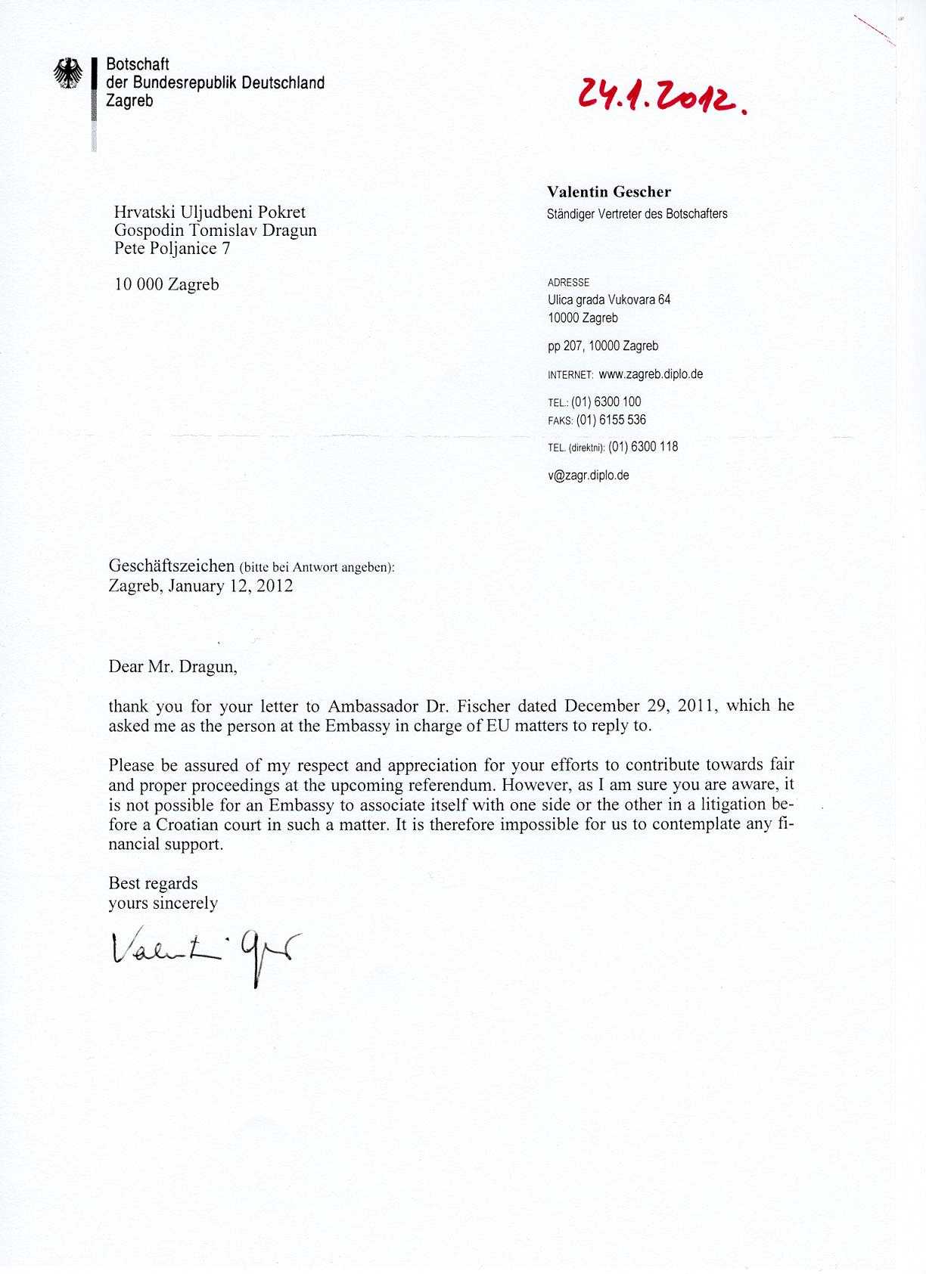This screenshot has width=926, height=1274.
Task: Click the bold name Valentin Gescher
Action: coord(608,192)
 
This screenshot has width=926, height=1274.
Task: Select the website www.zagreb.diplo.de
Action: coord(651,374)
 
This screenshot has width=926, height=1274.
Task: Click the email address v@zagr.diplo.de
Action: coord(588,476)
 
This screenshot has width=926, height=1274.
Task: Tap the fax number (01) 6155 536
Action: coord(611,420)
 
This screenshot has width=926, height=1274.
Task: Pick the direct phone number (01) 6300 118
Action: coord(642,447)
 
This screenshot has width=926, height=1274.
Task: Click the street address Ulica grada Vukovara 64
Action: coord(608,299)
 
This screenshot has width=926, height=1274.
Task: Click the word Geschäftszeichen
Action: coord(172,566)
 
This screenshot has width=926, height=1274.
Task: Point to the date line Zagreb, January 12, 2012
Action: coord(200,586)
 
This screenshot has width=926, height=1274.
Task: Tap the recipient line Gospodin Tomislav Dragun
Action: coord(215,231)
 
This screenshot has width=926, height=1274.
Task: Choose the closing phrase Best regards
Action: coord(153,883)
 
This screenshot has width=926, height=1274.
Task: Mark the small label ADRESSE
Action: coord(568,283)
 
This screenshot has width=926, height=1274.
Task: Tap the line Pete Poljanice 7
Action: coord(172,249)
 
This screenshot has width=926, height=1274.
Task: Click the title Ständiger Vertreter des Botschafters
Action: coord(637,214)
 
